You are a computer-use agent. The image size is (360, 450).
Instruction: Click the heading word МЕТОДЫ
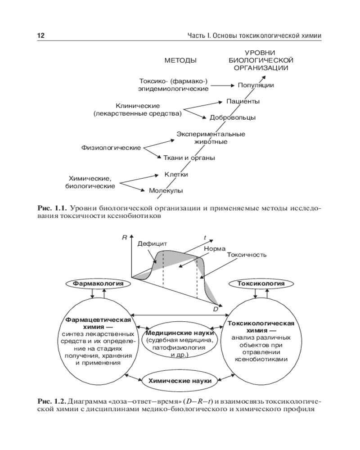coord(180,60)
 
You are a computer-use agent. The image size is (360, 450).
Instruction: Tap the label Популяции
coord(256,85)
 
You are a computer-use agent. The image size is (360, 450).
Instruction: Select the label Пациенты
coord(243,101)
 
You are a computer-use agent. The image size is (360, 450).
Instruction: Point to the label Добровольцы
coord(233,117)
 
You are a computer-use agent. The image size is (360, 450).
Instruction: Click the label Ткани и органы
coord(189,158)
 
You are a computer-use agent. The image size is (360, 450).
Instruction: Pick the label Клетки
coord(176,174)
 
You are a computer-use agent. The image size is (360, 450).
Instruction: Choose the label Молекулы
coord(166,191)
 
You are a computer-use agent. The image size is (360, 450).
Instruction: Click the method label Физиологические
coord(111,148)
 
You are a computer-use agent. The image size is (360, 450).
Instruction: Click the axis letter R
coord(124,238)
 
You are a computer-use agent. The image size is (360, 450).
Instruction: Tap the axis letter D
coord(215,310)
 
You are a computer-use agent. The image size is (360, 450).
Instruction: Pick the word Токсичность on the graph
coord(247,254)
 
